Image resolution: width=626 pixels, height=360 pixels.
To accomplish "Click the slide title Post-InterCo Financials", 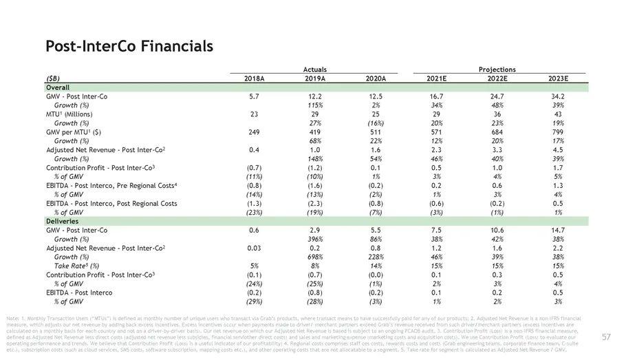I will [129, 47].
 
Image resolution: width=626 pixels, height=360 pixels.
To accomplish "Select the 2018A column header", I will [255, 79].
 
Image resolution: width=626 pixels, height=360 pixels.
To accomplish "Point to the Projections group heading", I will [497, 70].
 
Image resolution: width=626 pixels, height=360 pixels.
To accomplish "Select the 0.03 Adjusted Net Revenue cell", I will [255, 248].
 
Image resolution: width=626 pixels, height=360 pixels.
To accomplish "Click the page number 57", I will [606, 337].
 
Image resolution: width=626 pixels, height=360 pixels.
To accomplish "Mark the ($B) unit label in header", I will [53, 79].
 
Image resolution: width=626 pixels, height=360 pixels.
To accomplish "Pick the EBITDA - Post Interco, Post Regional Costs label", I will [111, 204].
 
